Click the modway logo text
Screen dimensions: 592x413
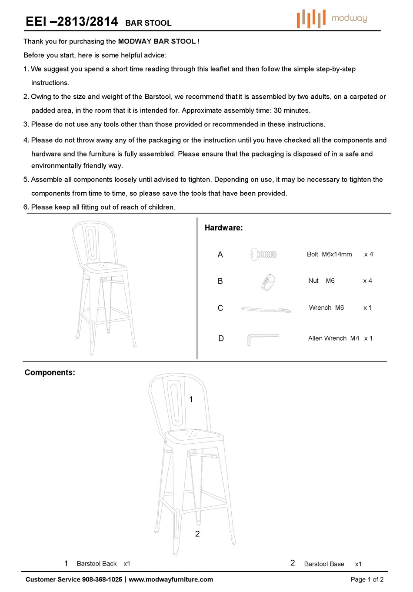pos(349,18)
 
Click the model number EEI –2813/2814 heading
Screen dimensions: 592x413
pos(72,22)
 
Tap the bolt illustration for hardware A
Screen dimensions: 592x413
pos(263,254)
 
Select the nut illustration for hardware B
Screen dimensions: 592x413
pos(268,282)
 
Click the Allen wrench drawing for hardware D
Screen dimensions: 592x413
pos(262,339)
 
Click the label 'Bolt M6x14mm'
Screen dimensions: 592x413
pos(329,254)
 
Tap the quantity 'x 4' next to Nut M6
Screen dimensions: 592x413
pos(367,281)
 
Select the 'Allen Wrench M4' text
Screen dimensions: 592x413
pos(333,338)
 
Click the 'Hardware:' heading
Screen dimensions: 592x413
pos(223,228)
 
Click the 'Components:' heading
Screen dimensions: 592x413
pos(50,373)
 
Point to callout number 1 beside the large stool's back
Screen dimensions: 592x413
pos(191,399)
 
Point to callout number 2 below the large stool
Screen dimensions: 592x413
pos(197,534)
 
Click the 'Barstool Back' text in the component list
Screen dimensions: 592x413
pos(97,564)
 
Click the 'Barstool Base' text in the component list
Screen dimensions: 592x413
pos(324,564)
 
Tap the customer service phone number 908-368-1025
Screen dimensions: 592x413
pos(102,579)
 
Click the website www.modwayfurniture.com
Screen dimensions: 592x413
pos(171,579)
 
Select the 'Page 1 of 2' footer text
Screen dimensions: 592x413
pos(367,579)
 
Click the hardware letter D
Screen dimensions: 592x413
pos(221,338)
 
